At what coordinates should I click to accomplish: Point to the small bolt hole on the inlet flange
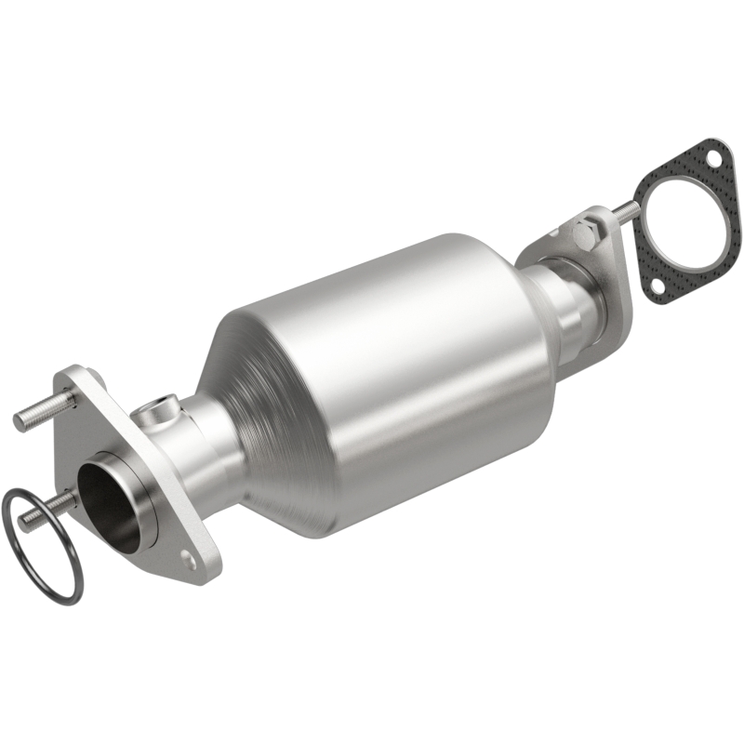point(189,561)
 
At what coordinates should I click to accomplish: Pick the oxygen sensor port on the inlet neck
point(166,407)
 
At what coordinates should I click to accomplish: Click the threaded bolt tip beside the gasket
point(629,210)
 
